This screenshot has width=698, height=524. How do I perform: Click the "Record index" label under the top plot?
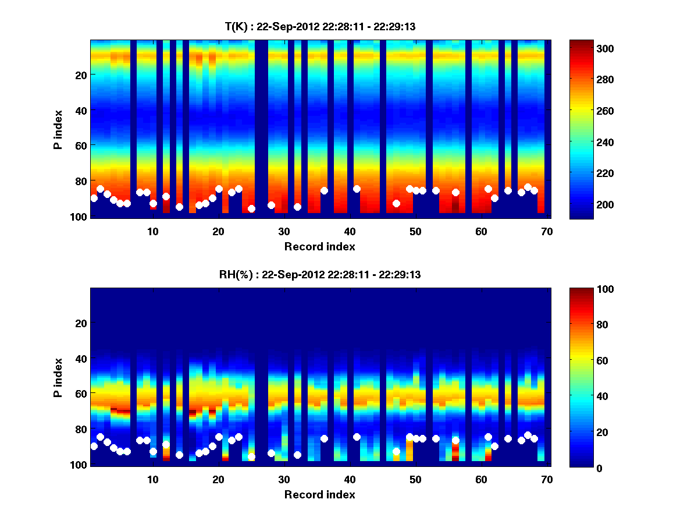319,246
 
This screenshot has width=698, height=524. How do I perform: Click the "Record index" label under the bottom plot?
319,494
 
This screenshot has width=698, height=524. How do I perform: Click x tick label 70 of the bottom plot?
546,479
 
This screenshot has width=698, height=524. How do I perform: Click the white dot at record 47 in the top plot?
396,203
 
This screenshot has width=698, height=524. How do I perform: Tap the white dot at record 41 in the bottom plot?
357,437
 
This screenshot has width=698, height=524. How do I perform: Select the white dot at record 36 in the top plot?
324,190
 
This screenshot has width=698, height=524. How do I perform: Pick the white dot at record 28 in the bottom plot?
271,453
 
